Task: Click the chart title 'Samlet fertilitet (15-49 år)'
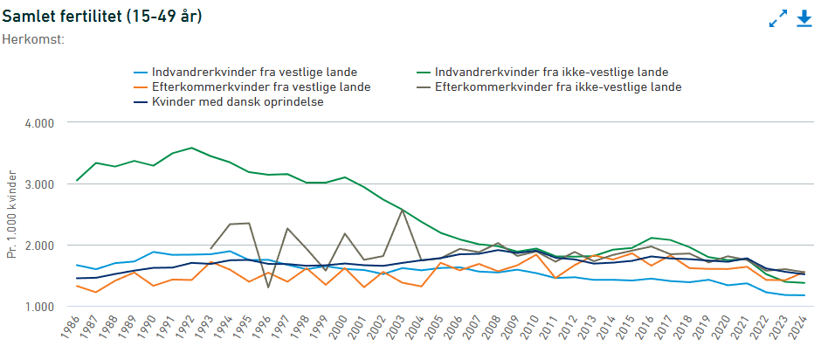[102, 17]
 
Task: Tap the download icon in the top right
[804, 17]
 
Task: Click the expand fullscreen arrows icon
[777, 18]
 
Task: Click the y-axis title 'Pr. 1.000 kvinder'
[11, 215]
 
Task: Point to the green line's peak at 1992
[191, 148]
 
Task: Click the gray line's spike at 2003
[402, 210]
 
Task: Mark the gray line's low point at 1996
[268, 287]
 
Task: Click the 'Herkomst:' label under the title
[33, 38]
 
